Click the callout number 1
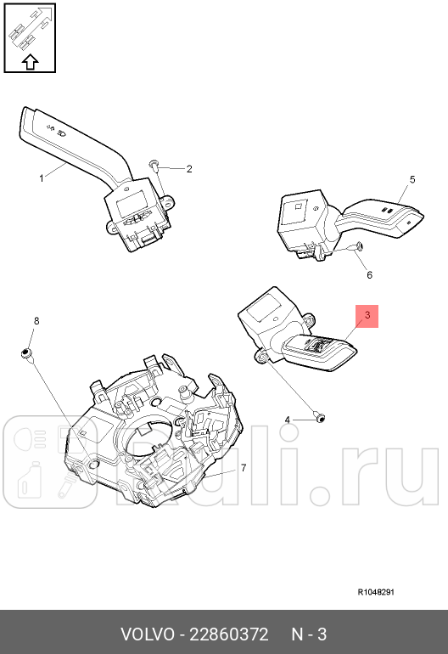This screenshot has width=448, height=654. pos(41,178)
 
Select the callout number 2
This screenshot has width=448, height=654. pos(189,169)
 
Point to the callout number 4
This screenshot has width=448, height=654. pos(287,420)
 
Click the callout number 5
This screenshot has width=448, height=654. pos(412,179)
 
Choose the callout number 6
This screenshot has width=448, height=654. pos(369,275)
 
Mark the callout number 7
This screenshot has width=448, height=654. pos(243,468)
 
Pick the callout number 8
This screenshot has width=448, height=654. pos(36,320)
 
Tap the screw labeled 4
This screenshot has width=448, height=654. pos(317,418)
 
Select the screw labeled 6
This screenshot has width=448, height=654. pos(358,247)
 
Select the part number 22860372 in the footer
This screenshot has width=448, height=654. pos(229,634)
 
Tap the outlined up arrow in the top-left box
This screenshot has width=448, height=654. pos(30,60)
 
